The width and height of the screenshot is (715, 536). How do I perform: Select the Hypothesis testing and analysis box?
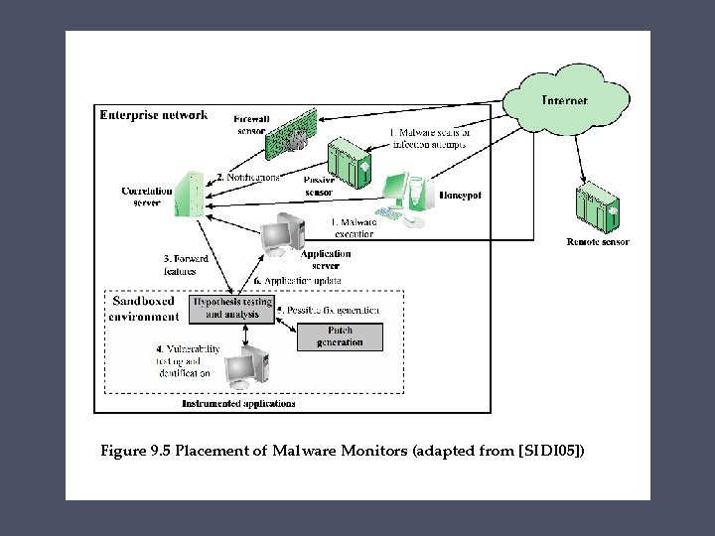[231, 308]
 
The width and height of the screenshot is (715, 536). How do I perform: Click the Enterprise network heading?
[154, 115]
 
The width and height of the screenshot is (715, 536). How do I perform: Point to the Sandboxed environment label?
[145, 309]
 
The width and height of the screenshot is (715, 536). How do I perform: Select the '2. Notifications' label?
[247, 177]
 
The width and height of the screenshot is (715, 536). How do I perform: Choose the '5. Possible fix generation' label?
[328, 311]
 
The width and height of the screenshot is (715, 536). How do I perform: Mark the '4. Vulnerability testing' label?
[188, 361]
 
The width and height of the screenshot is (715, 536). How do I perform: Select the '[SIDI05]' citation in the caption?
[551, 452]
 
